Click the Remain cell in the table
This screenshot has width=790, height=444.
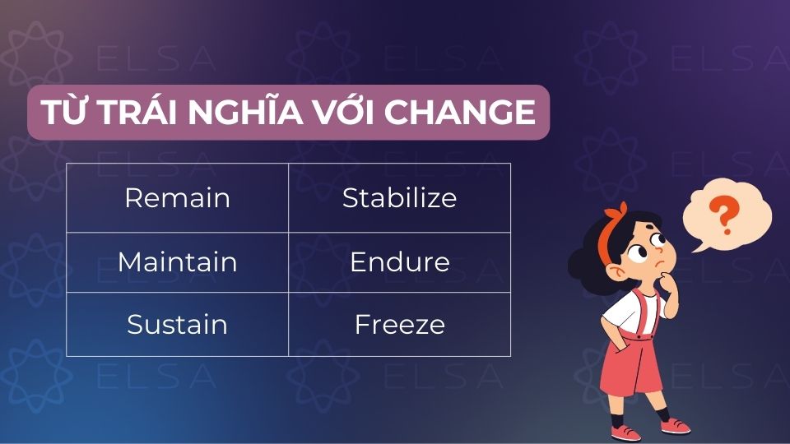(178, 198)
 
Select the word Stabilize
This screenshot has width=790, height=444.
(400, 198)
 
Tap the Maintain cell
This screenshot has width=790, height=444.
(178, 262)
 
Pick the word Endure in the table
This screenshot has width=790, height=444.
(400, 262)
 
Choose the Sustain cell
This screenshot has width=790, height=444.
(178, 324)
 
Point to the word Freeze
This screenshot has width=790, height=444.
(400, 325)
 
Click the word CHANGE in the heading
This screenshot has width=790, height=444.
(459, 112)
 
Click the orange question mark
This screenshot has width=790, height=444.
(725, 215)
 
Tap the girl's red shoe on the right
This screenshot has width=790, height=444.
(675, 426)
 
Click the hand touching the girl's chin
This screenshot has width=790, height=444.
(670, 281)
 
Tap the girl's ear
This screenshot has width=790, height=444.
(616, 272)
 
